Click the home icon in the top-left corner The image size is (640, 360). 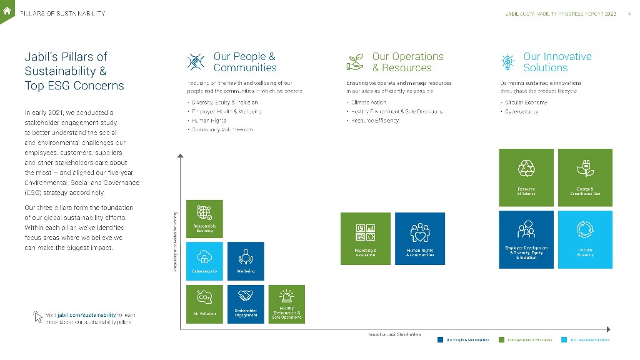(x=7, y=9)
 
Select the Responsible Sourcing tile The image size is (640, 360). (x=204, y=219)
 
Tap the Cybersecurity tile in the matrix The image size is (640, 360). (x=204, y=261)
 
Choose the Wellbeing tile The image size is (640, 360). (x=246, y=261)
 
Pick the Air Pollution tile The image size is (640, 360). (x=204, y=304)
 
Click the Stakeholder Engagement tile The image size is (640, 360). (x=246, y=304)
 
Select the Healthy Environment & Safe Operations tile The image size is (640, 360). (x=286, y=304)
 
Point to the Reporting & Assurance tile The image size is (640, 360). (x=365, y=238)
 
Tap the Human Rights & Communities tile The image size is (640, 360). (x=420, y=238)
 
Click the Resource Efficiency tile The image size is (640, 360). (x=526, y=177)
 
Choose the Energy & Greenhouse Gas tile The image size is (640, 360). (x=585, y=177)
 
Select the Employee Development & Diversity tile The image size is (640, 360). (x=526, y=239)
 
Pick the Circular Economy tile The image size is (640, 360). (x=585, y=239)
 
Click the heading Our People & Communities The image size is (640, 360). (x=244, y=62)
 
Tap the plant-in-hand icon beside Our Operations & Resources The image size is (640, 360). (x=356, y=62)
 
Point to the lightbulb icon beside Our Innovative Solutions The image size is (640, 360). (x=507, y=62)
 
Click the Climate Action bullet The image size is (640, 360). (x=369, y=102)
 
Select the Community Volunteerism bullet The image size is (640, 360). (x=222, y=129)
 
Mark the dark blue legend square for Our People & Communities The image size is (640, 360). (x=440, y=340)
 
